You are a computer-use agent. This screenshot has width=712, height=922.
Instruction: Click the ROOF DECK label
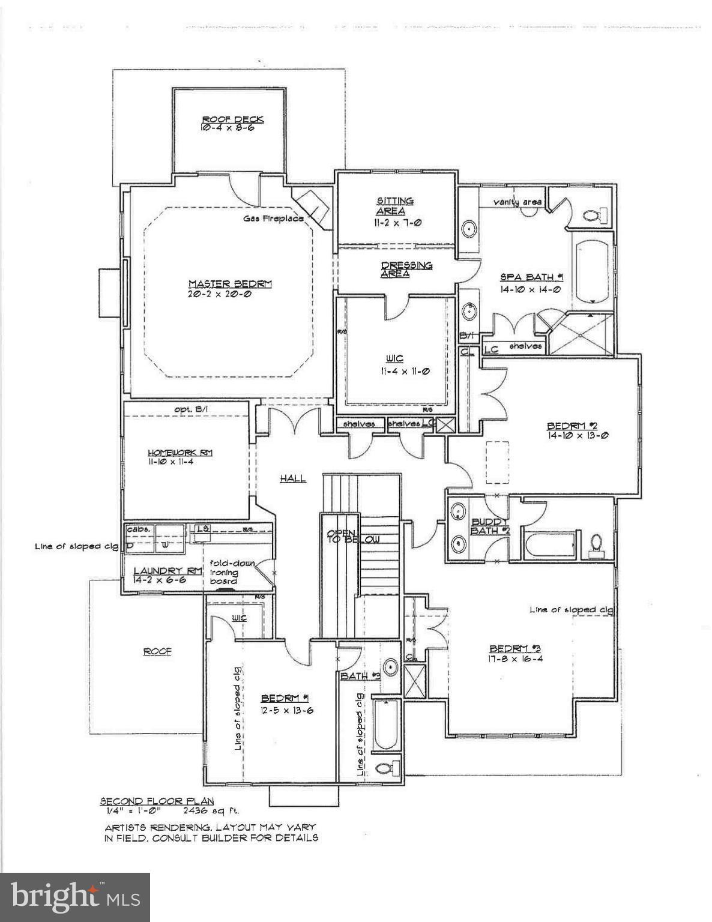pyautogui.click(x=232, y=119)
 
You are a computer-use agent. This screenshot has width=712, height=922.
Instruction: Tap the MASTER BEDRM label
pyautogui.click(x=230, y=284)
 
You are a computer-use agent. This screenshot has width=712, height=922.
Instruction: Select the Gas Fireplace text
pyautogui.click(x=273, y=218)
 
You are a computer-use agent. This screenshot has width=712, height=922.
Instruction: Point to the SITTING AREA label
pyautogui.click(x=394, y=206)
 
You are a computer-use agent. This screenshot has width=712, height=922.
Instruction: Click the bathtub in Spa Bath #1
pyautogui.click(x=593, y=272)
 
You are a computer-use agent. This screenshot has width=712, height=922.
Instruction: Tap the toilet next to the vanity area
pyautogui.click(x=595, y=214)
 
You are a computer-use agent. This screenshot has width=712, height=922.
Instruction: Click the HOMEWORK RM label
pyautogui.click(x=180, y=453)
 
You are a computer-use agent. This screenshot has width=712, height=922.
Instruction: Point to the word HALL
pyautogui.click(x=293, y=478)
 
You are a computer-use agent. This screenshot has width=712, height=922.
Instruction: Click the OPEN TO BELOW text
pyautogui.click(x=353, y=536)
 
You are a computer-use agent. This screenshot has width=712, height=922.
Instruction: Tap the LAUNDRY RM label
pyautogui.click(x=167, y=571)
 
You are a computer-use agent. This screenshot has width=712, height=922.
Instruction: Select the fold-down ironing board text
pyautogui.click(x=231, y=572)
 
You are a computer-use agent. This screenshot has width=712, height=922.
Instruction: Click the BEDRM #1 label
pyautogui.click(x=285, y=698)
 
